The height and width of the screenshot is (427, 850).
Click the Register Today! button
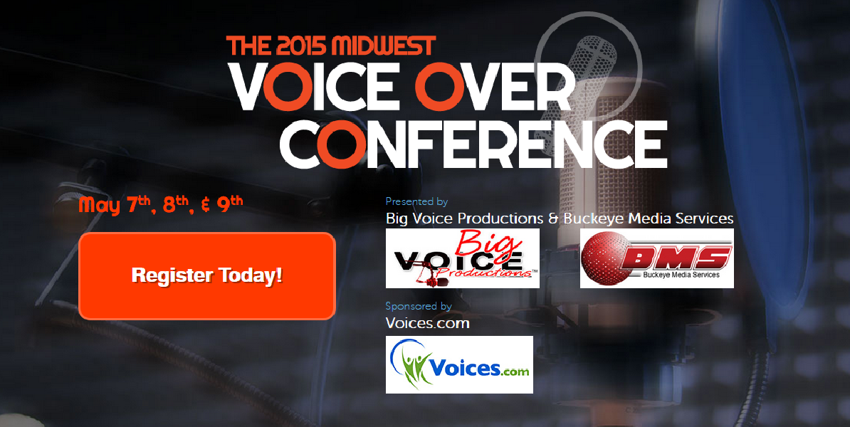(x=207, y=276)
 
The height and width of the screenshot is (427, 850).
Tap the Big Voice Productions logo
(x=463, y=258)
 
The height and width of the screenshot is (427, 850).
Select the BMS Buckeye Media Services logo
(x=657, y=258)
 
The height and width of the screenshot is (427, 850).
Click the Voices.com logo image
(x=459, y=364)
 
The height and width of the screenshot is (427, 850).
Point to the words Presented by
(x=416, y=201)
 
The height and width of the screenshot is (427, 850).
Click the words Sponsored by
(x=419, y=306)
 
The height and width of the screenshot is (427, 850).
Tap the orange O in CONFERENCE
(x=339, y=144)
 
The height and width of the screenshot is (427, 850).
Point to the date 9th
(x=229, y=204)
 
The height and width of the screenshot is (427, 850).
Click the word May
(x=100, y=206)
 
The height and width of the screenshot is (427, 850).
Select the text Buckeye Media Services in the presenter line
(x=649, y=218)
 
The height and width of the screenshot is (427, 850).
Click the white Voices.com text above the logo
(x=427, y=324)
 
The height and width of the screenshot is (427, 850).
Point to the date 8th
(x=175, y=204)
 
